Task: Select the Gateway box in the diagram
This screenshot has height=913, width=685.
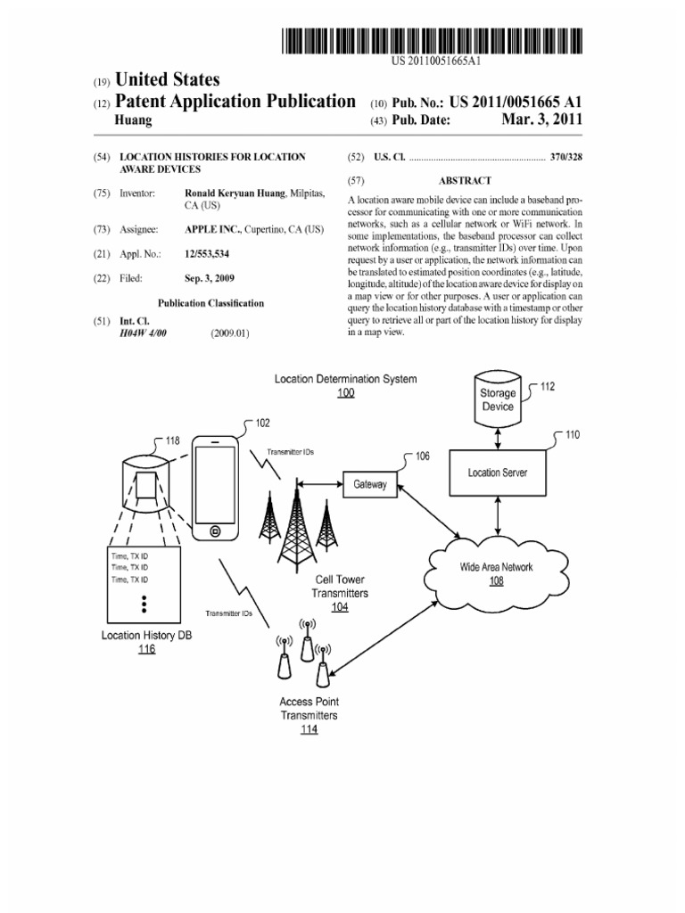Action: pos(370,485)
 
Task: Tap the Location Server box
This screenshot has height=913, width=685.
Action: pos(497,473)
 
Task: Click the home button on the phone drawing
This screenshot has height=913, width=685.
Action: pos(215,531)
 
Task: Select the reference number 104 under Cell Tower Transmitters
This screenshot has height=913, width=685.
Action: pos(340,607)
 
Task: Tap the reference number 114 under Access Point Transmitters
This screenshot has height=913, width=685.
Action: pos(309,729)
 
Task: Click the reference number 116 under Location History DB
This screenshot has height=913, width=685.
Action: pos(146,649)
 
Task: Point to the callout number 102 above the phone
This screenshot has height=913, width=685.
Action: pos(263,424)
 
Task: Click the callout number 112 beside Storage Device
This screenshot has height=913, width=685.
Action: pos(547,387)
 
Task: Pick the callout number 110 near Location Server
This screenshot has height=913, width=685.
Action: pos(571,435)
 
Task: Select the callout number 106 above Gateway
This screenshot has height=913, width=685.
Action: pos(422,456)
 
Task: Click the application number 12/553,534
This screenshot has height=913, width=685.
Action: pos(207,255)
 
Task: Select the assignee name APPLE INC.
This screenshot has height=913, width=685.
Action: pos(211,230)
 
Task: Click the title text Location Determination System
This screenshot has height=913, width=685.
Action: pos(345,379)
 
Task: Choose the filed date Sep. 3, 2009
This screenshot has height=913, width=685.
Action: pos(209,278)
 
